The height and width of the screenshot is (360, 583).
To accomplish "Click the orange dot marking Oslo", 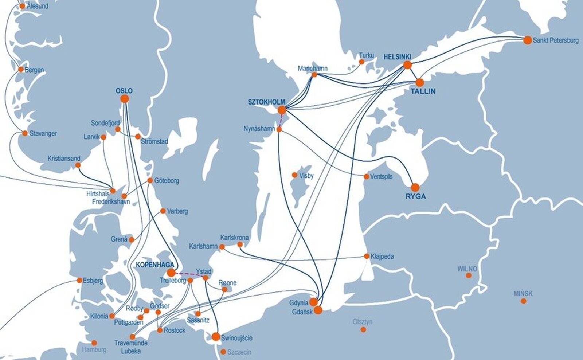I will click(x=125, y=99).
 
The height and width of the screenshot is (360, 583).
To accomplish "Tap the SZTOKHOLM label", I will click(x=266, y=102).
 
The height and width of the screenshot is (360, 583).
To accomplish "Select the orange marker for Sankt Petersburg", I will click(x=527, y=40).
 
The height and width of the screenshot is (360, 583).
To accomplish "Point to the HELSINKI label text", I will click(x=397, y=57).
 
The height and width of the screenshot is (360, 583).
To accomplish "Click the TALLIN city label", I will click(x=423, y=91).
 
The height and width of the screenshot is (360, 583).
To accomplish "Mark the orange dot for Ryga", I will click(x=415, y=187).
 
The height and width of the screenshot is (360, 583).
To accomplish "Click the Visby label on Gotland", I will click(x=306, y=176).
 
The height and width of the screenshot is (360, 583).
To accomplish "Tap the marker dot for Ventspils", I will click(x=366, y=176).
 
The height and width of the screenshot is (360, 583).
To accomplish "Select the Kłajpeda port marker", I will click(x=367, y=256).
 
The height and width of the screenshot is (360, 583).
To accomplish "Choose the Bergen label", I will click(x=34, y=70).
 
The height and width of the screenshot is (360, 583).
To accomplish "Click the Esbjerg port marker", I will click(x=79, y=280).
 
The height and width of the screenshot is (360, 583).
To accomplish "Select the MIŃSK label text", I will click(x=523, y=293).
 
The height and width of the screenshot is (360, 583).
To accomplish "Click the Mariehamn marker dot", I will click(x=314, y=74).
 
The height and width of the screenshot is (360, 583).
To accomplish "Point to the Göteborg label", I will click(x=167, y=181).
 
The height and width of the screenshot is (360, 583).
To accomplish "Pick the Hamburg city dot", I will click(x=94, y=343).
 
